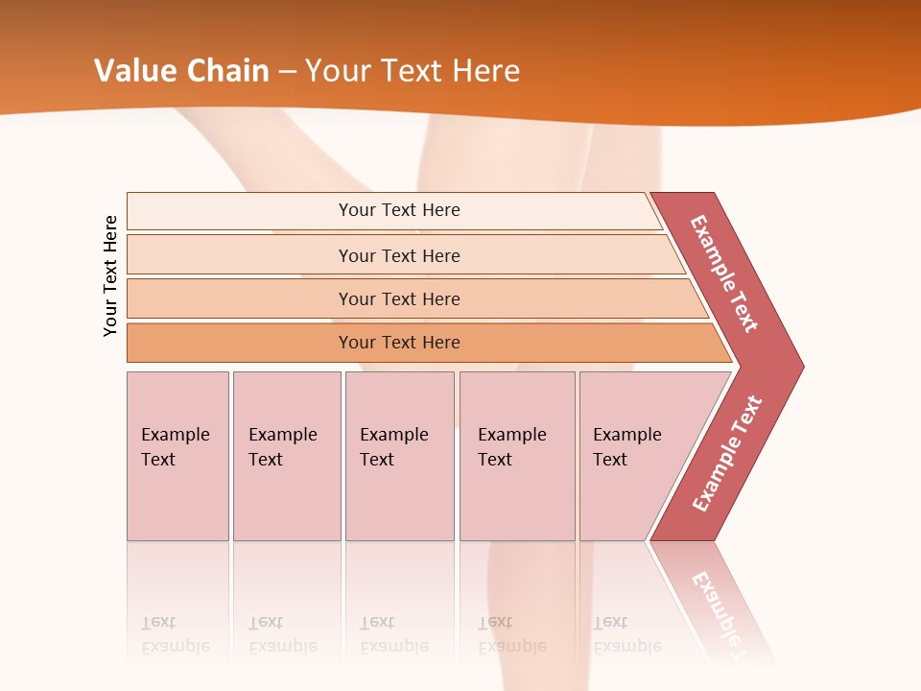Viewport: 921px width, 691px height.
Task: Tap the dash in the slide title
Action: (x=287, y=72)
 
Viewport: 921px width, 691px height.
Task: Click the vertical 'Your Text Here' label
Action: (x=110, y=275)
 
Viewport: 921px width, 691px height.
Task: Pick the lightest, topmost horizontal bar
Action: (x=399, y=210)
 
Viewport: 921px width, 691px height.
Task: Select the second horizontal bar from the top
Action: (x=399, y=255)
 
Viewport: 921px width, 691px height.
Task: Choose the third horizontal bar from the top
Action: (x=399, y=298)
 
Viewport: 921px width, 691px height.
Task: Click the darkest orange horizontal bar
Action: (x=399, y=343)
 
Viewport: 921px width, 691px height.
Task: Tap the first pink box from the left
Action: (x=177, y=456)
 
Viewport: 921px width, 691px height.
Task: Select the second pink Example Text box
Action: (x=286, y=456)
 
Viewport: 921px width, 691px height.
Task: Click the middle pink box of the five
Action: (x=399, y=456)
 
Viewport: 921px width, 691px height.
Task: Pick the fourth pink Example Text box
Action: (x=517, y=456)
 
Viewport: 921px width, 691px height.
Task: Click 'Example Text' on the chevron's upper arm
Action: (x=724, y=274)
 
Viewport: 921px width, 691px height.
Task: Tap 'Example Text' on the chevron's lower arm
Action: (x=727, y=454)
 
